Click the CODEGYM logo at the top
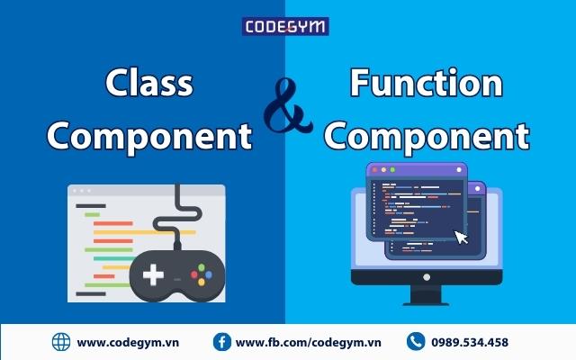[x=285, y=26]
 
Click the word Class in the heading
[x=149, y=82]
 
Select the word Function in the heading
[x=426, y=82]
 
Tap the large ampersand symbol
[x=288, y=105]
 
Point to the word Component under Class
[x=149, y=137]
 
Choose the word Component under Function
[x=426, y=137]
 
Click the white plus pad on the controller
[x=153, y=274]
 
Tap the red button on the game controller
[x=194, y=274]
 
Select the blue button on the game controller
[x=209, y=274]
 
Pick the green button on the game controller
[x=202, y=267]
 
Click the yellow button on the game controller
[x=202, y=282]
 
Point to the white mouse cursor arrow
[x=461, y=238]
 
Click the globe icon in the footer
[x=61, y=342]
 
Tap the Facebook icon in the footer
[x=222, y=342]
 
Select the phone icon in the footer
[x=416, y=342]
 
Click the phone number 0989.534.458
[x=470, y=342]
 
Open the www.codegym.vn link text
[x=128, y=343]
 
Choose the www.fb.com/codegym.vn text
[x=308, y=343]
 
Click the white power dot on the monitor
[x=427, y=277]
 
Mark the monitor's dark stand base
[x=426, y=303]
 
